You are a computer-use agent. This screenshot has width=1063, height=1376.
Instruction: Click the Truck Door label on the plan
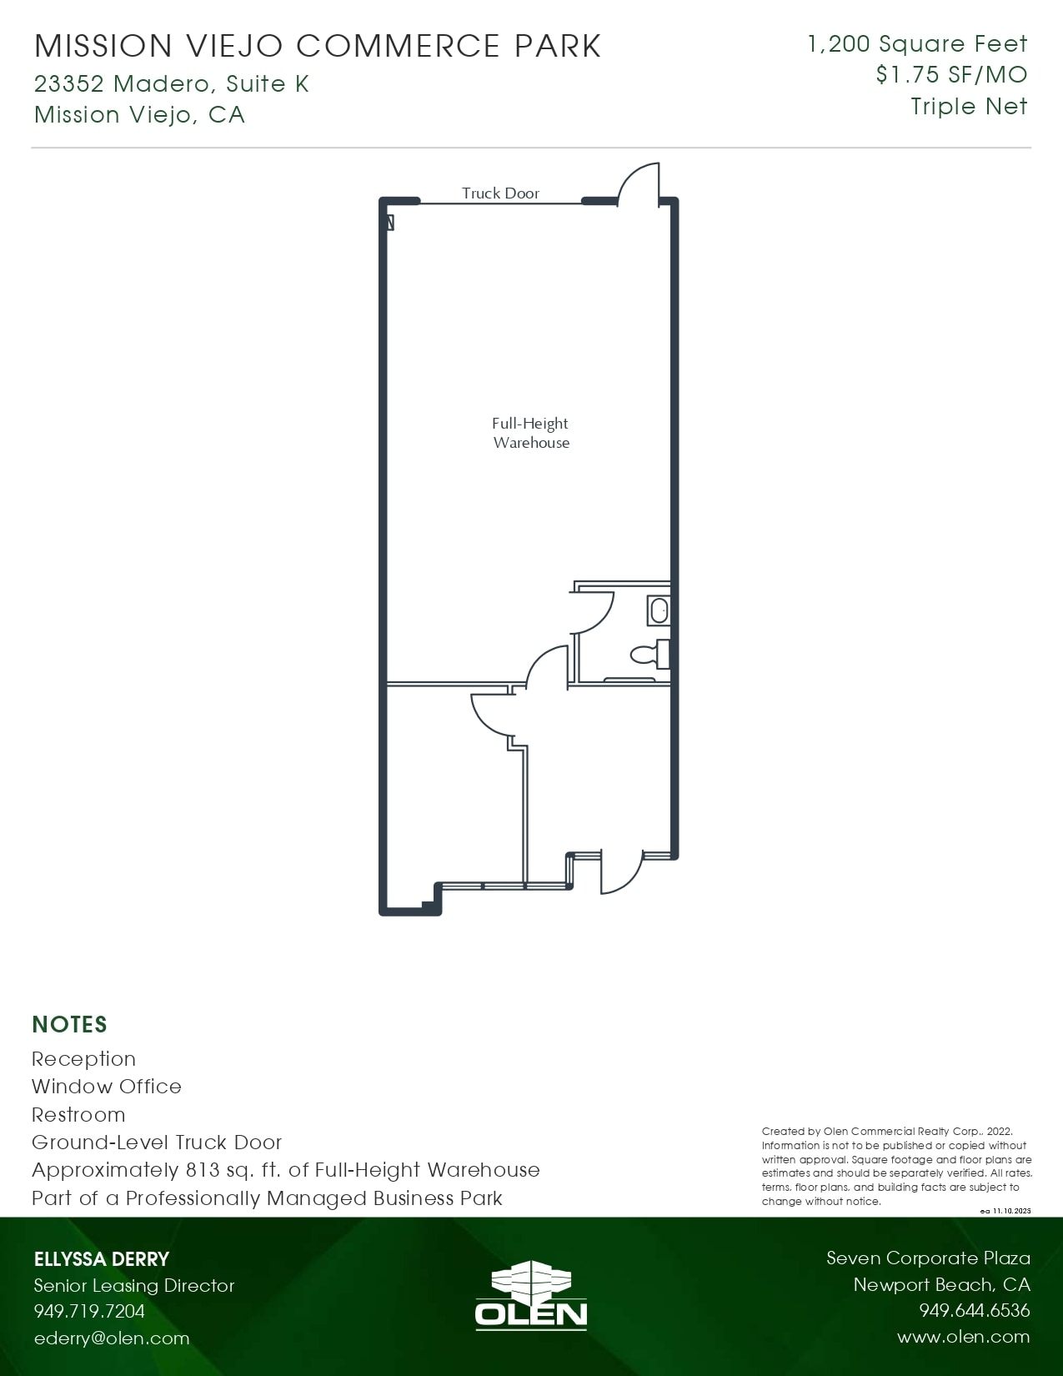point(500,193)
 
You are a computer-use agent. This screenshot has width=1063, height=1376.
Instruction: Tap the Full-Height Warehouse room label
point(530,433)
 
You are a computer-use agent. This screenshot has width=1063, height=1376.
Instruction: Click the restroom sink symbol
point(659,610)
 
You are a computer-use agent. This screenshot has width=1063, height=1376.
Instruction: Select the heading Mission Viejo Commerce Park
point(318,46)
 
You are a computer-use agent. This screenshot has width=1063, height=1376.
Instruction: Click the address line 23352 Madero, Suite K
point(172,83)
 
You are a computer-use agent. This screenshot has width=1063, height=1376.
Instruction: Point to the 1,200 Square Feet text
point(917,43)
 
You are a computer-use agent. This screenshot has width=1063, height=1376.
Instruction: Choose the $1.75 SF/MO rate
point(951,75)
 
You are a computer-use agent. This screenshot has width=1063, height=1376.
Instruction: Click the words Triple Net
point(969,107)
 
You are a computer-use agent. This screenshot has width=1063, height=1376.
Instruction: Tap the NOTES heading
point(69,1024)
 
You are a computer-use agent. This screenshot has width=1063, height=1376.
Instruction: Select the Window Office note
point(106,1087)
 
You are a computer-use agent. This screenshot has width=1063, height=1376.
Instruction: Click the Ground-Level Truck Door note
point(157,1142)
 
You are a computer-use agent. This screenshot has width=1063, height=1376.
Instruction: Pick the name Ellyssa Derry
point(102,1259)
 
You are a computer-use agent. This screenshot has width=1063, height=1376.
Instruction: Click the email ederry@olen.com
point(112,1338)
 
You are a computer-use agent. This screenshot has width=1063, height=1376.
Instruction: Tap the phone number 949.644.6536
point(974,1311)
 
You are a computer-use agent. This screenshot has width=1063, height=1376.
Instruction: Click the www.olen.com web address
point(963,1337)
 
